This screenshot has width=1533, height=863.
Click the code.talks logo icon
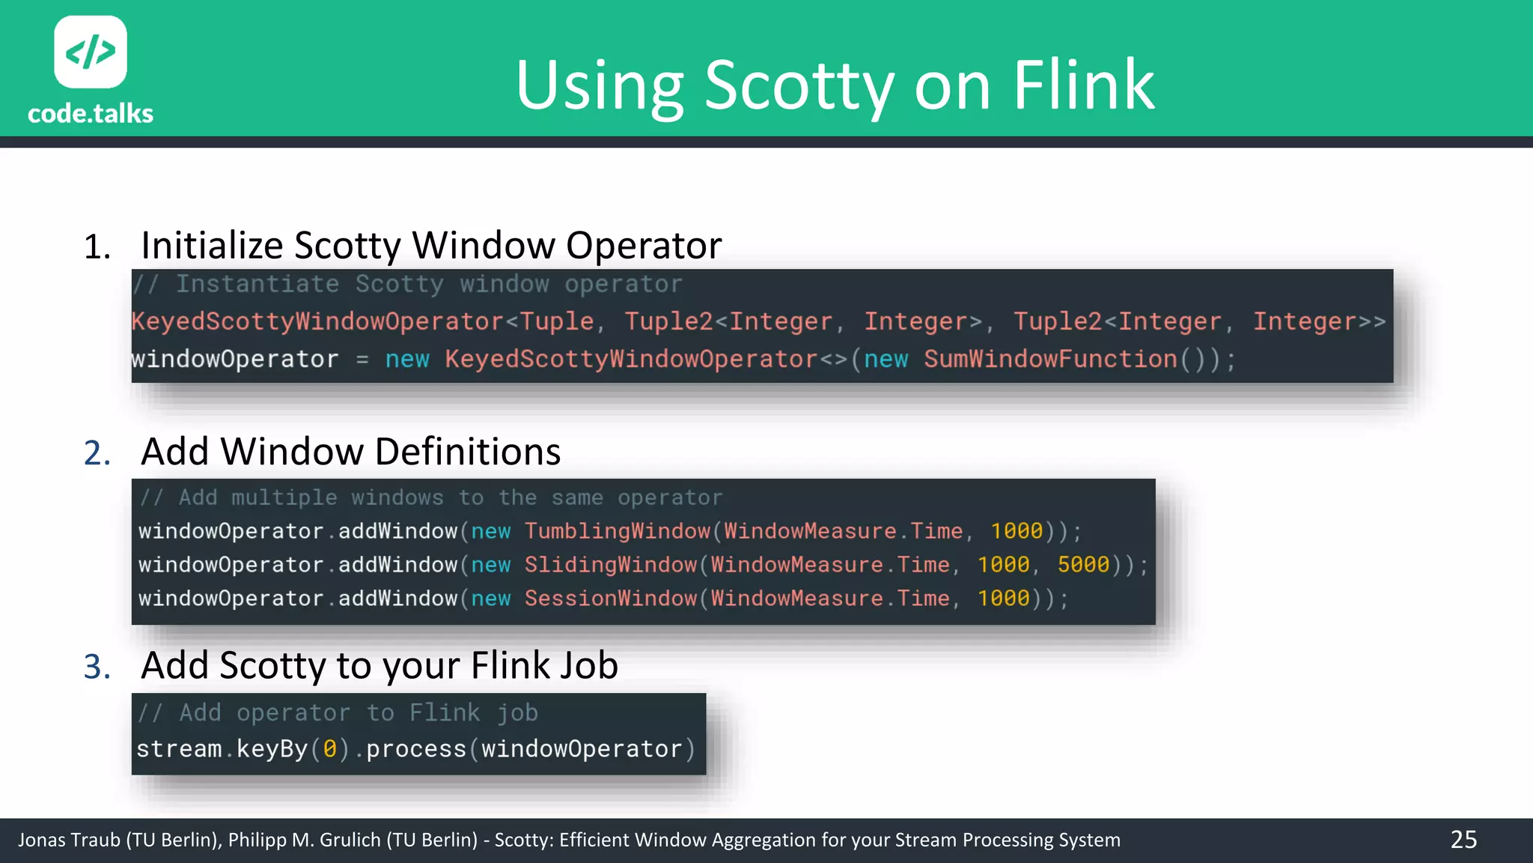91,52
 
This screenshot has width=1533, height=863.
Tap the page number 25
1463,839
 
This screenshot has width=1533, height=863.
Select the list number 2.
97,453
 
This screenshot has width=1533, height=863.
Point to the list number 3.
97,667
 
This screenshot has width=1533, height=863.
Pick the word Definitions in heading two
467,452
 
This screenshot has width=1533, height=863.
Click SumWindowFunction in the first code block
1050,359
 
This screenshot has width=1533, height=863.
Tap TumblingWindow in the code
617,531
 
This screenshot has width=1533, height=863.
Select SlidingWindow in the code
611,565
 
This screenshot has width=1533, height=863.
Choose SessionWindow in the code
611,599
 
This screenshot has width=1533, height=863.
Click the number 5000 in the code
1083,565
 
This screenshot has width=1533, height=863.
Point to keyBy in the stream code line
272,749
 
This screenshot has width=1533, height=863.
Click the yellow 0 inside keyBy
329,749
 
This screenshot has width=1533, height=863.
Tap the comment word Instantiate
257,285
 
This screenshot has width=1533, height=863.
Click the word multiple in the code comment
284,497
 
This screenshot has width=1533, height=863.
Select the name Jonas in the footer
42,840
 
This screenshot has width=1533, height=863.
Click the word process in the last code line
416,749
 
